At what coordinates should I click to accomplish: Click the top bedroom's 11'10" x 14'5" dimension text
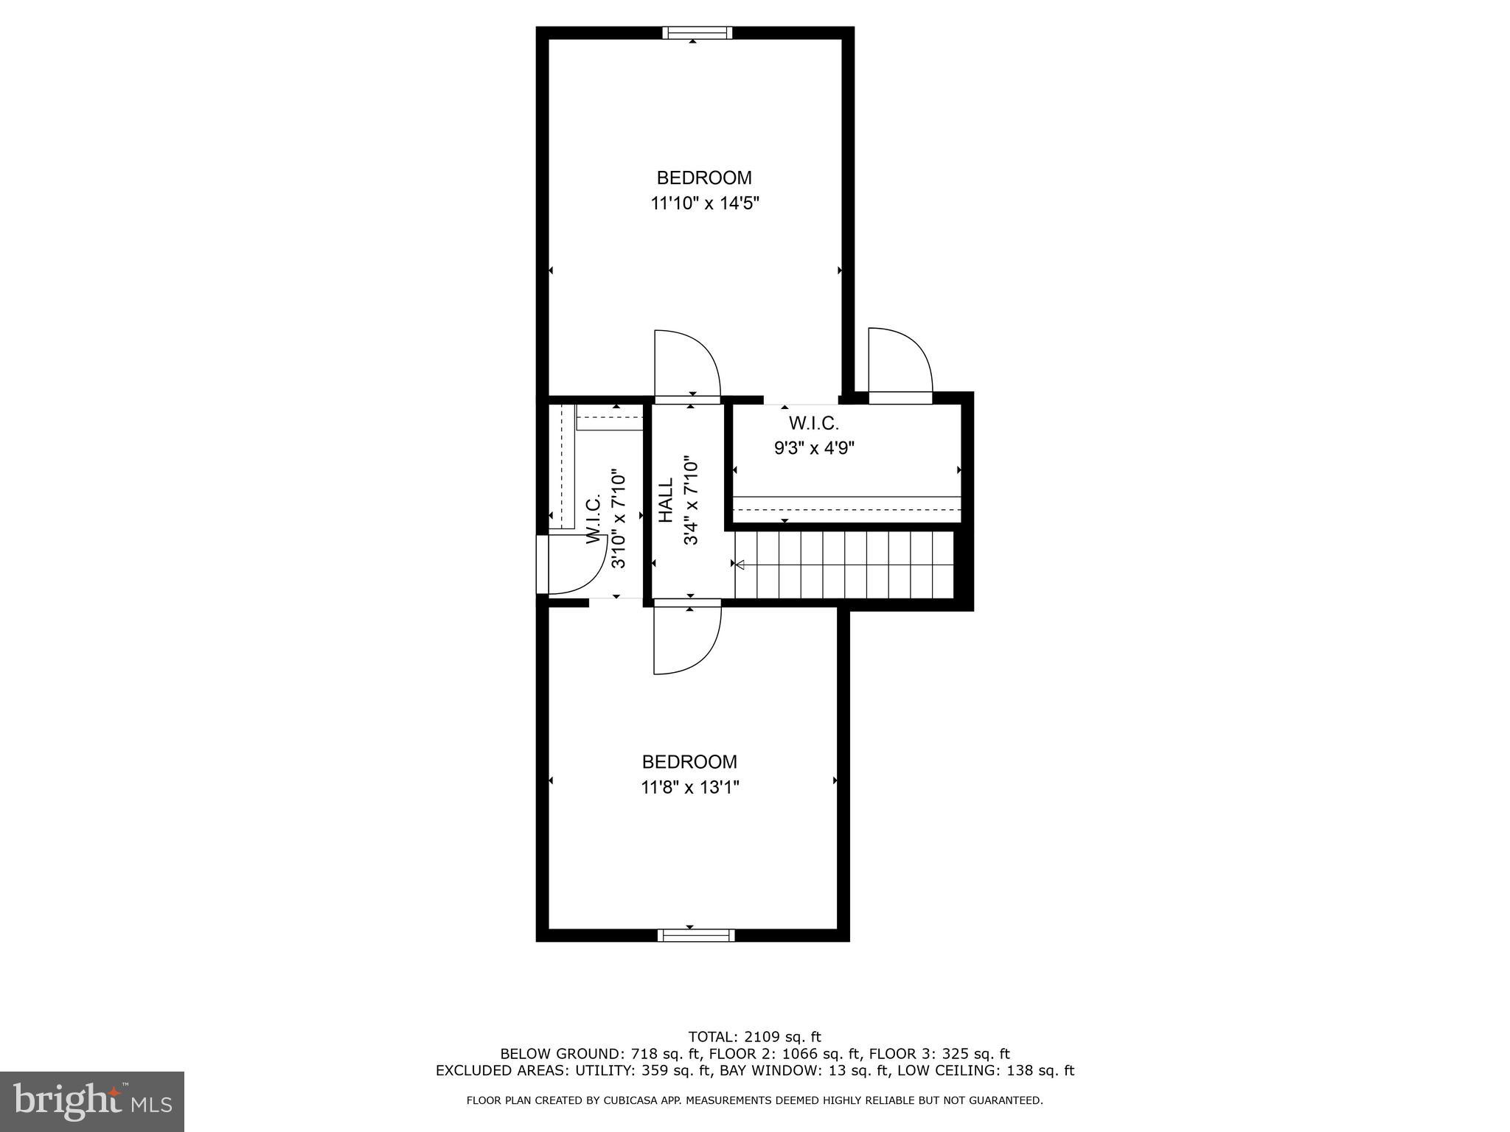pyautogui.click(x=704, y=203)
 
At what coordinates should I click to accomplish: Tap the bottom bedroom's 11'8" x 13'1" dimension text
pyautogui.click(x=689, y=788)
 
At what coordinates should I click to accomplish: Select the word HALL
pyautogui.click(x=667, y=501)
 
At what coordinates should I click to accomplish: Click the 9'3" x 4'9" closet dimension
pyautogui.click(x=814, y=448)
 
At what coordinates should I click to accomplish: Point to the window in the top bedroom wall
pyautogui.click(x=697, y=32)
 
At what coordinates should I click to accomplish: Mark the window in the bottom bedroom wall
pyautogui.click(x=696, y=935)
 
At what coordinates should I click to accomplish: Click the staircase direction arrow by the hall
pyautogui.click(x=740, y=565)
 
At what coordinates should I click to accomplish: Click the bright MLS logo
pyautogui.click(x=92, y=1101)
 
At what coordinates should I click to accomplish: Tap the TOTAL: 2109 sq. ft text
pyautogui.click(x=754, y=1038)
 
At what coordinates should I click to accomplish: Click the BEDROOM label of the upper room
pyautogui.click(x=704, y=178)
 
